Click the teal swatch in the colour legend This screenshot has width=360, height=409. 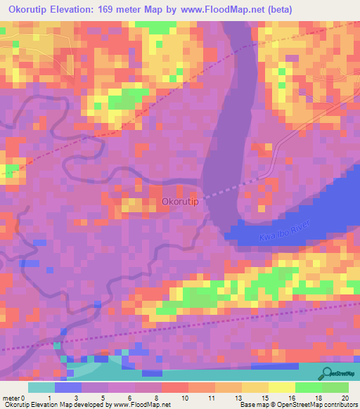(x=41, y=387)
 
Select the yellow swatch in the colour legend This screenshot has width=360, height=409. (x=255, y=387)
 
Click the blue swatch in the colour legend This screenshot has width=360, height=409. (x=67, y=387)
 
